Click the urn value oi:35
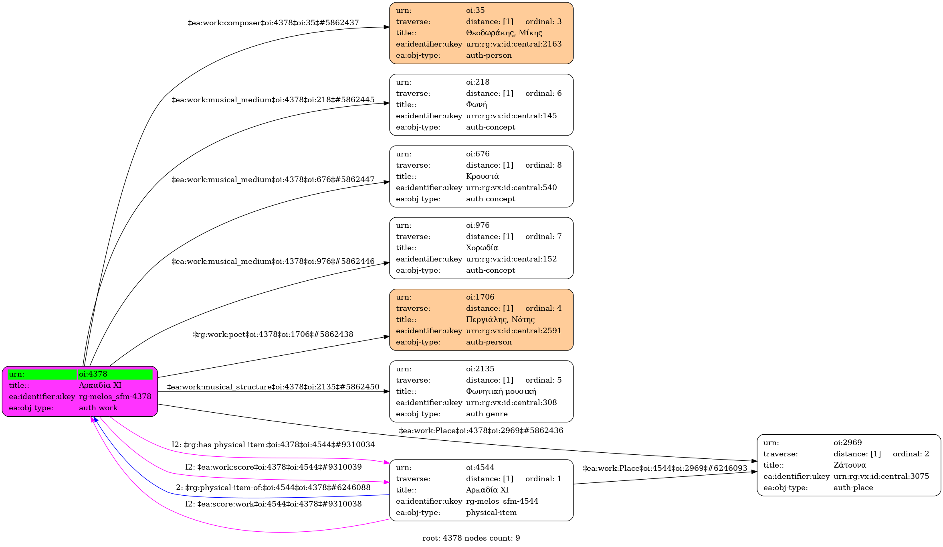[x=475, y=10]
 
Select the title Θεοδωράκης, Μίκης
[x=504, y=33]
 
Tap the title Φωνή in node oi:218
[x=476, y=105]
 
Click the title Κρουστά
[x=482, y=176]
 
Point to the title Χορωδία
[x=482, y=248]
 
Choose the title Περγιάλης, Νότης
[x=500, y=320]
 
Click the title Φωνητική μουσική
[x=501, y=391]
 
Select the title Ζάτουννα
[x=849, y=465]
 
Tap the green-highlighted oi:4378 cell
[x=115, y=374]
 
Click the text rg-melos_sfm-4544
[x=502, y=501]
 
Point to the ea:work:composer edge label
[x=273, y=23]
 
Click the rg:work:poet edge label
[x=273, y=334]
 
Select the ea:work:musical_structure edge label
[x=273, y=387]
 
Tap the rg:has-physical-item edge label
[x=273, y=445]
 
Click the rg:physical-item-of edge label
[x=273, y=488]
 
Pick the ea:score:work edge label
[x=273, y=504]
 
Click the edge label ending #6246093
[x=664, y=468]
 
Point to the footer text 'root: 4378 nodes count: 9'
[x=471, y=538]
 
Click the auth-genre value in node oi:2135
[x=487, y=414]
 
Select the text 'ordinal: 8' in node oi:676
[x=543, y=165]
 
